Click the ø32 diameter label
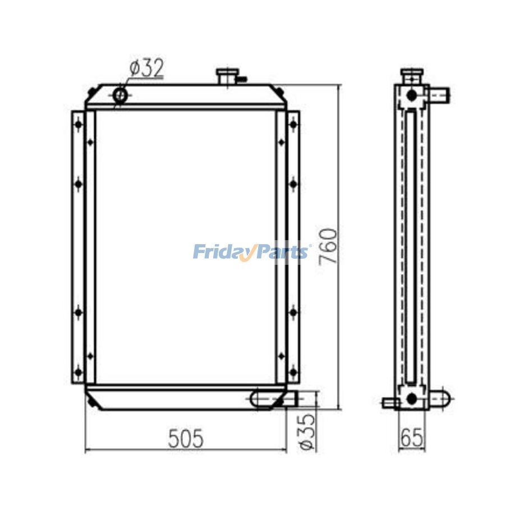(x=147, y=68)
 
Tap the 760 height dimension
(x=328, y=247)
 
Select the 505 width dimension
(x=186, y=438)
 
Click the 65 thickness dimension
(x=411, y=437)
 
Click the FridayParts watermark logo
(x=251, y=251)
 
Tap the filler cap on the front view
(x=226, y=77)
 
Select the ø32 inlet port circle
(x=121, y=95)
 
